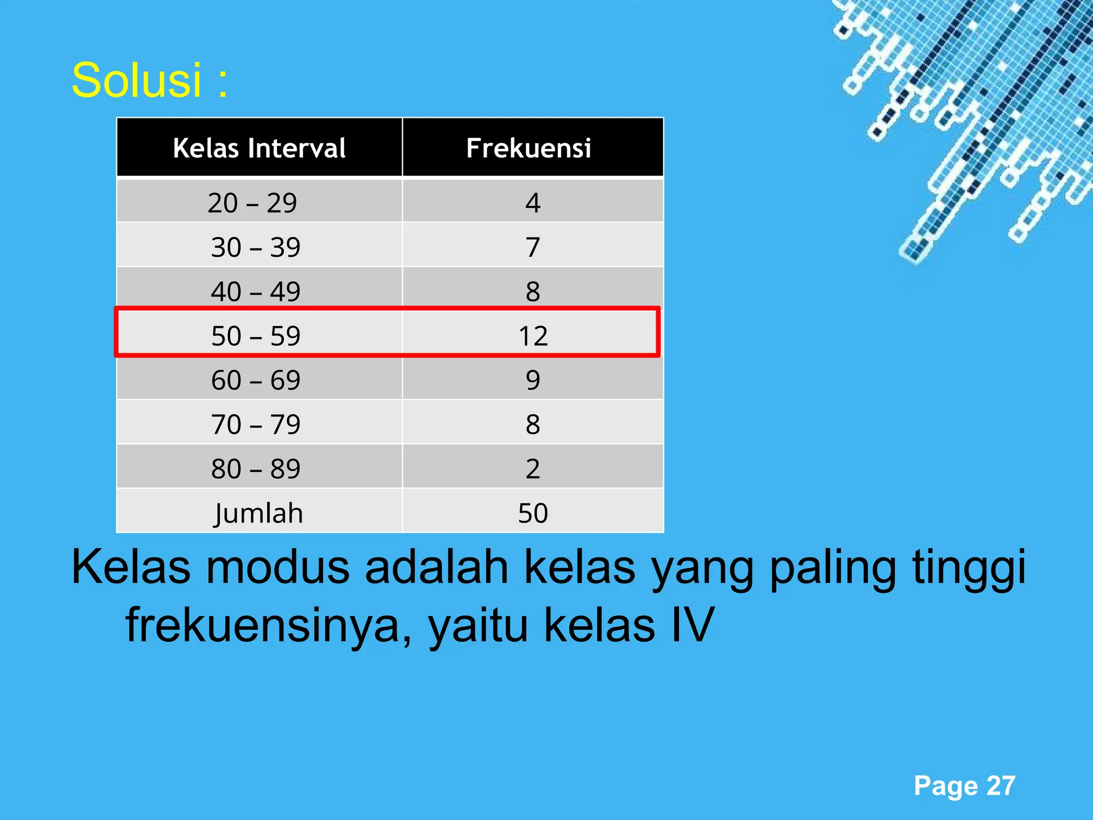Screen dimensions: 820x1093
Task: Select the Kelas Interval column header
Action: (x=259, y=148)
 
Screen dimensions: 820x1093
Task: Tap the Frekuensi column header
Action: (x=528, y=148)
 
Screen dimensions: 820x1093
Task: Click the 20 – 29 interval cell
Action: (x=252, y=203)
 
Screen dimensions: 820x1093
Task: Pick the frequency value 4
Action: (x=533, y=203)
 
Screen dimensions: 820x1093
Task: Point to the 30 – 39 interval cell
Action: (x=256, y=247)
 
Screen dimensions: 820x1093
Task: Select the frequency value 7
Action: (x=533, y=247)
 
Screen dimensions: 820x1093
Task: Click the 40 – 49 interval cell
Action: (x=256, y=291)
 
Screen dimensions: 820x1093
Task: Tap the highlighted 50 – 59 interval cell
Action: (x=256, y=336)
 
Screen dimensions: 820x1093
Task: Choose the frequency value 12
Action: (x=533, y=336)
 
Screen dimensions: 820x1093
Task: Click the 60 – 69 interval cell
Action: (x=256, y=380)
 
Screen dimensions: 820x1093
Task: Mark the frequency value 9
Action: (x=533, y=380)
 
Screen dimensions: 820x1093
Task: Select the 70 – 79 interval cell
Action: (x=256, y=424)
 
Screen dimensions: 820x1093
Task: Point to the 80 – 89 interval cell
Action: (x=256, y=469)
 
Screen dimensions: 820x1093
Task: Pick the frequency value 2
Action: (x=533, y=469)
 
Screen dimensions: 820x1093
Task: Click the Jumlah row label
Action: (x=259, y=513)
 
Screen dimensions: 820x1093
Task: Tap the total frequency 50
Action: (x=533, y=513)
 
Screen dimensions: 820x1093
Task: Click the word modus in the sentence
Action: (x=278, y=567)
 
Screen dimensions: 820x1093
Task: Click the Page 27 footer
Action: (x=964, y=786)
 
